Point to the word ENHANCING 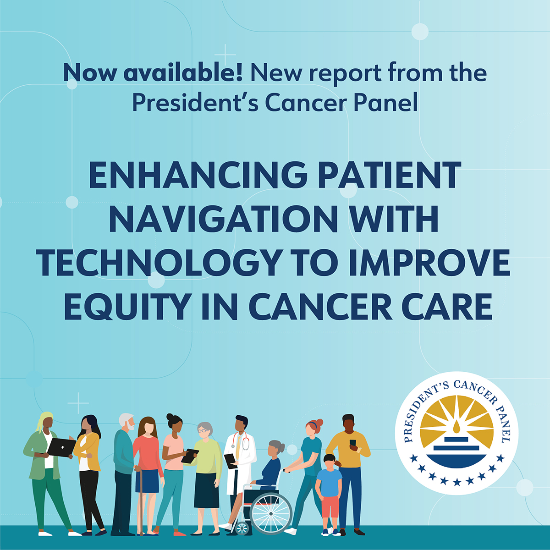(198, 175)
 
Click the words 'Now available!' (153, 72)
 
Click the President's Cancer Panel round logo (456, 433)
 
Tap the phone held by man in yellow (353, 444)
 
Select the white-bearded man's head (126, 422)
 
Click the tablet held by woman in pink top (190, 456)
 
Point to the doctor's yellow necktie (238, 445)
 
